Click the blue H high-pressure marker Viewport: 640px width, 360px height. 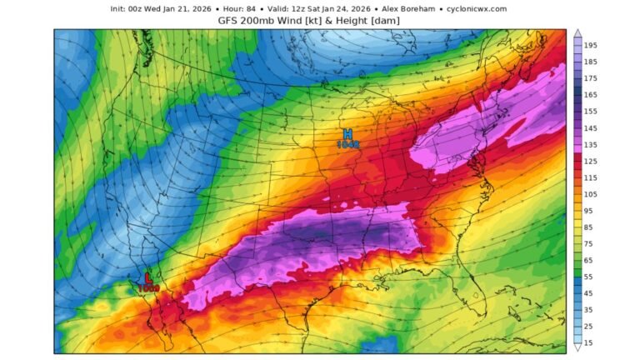tap(347, 133)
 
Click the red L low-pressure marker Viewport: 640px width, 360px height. tap(148, 277)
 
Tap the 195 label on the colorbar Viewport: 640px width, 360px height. tap(590, 45)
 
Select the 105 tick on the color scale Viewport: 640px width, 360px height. tap(590, 194)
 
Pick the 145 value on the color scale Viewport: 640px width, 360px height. tap(590, 127)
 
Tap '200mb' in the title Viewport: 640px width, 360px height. tap(261, 19)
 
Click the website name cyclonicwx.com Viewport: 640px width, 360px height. tap(477, 8)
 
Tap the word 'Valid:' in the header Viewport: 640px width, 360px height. tap(281, 8)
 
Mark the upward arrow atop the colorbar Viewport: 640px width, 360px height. tap(577, 33)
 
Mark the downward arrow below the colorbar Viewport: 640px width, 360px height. tap(577, 351)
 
